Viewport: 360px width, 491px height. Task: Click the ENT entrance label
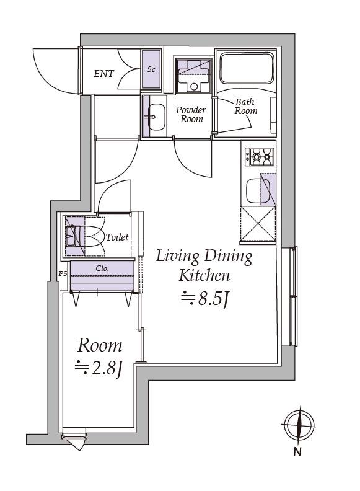104,74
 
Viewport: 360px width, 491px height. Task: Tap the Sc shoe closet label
151,69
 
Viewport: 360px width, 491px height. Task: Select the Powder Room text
191,114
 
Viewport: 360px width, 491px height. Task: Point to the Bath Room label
246,107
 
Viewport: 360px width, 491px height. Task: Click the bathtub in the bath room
247,68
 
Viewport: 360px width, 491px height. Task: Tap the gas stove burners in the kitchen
259,157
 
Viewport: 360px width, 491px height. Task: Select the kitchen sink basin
258,191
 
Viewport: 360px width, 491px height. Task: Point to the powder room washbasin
156,117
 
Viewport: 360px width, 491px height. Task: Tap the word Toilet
117,237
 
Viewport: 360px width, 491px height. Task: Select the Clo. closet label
102,268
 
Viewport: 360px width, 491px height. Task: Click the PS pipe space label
63,273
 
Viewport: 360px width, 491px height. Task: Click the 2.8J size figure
99,368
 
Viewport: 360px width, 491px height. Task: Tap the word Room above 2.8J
100,345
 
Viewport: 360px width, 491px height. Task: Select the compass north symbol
298,425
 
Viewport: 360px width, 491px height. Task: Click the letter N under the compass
297,452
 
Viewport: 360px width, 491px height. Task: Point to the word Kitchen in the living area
204,275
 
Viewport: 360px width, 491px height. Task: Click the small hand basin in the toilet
71,236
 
